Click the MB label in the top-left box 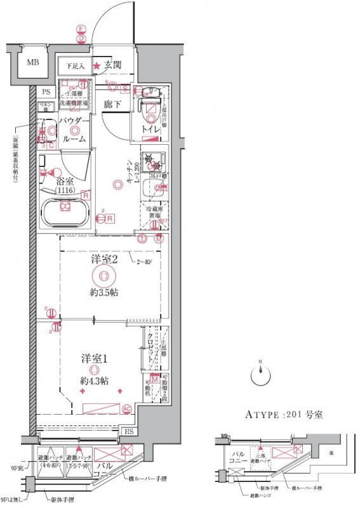[31, 63]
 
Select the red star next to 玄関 [97, 65]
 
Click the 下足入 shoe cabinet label [76, 65]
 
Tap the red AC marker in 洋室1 [126, 408]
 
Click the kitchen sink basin [152, 187]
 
